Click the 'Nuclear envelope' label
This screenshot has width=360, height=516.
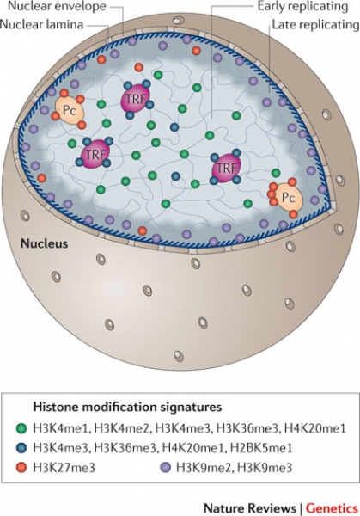tap(57, 6)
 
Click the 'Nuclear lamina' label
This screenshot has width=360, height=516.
tap(42, 24)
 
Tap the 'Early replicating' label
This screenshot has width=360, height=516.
tap(302, 6)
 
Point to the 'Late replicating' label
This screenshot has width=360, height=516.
tap(315, 24)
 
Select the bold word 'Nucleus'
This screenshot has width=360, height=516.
tap(44, 243)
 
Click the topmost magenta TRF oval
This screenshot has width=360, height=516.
tap(136, 98)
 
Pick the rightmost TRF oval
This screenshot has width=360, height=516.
tap(227, 168)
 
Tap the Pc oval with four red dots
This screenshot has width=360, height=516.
tap(70, 110)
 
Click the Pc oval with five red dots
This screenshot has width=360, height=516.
tap(288, 198)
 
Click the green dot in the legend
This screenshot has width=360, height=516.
tap(21, 428)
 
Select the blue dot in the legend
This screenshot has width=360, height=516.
tap(21, 448)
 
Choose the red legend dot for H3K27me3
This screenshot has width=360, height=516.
tap(21, 467)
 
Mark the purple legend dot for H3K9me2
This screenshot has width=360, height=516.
tap(166, 467)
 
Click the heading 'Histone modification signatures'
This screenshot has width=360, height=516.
tap(127, 407)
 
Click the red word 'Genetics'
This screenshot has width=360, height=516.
tap(332, 508)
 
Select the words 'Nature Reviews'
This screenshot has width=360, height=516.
tap(250, 508)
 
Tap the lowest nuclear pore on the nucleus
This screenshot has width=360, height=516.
tap(179, 356)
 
